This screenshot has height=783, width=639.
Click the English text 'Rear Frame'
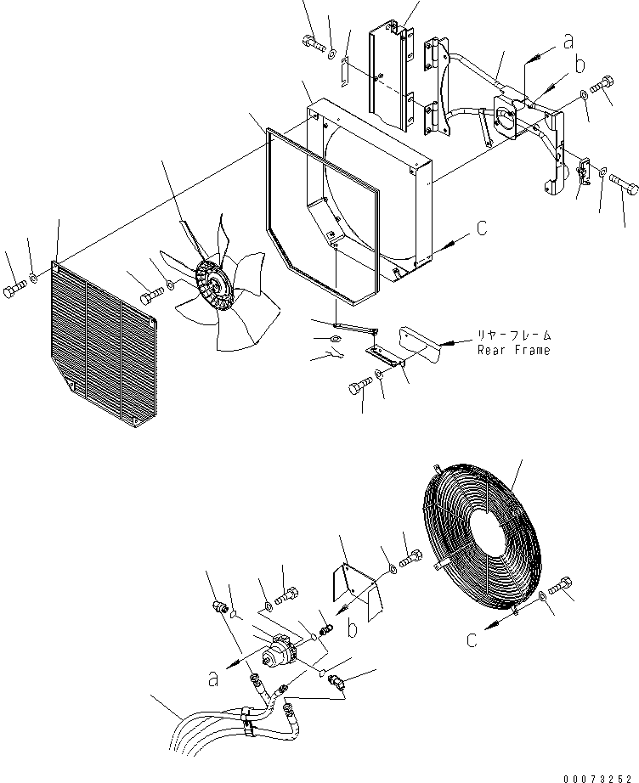tap(512, 350)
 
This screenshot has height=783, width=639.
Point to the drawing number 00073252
tap(597, 775)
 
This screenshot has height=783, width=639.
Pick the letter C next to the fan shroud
tap(481, 228)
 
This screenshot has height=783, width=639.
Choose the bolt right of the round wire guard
tap(564, 585)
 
